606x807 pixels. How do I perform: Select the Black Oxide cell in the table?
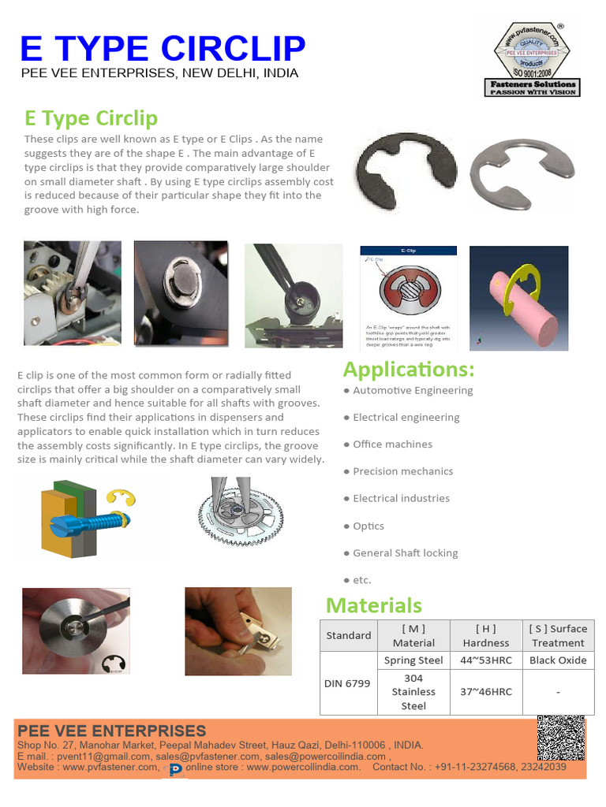(x=558, y=660)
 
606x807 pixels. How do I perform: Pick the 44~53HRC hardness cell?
(x=486, y=660)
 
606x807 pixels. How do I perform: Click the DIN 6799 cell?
(x=347, y=683)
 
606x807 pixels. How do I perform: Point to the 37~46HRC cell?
(x=486, y=691)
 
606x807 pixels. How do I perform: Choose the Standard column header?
(x=348, y=635)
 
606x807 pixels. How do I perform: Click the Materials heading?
(x=374, y=605)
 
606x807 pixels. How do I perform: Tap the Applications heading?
(x=409, y=370)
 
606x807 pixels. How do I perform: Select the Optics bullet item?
(x=368, y=526)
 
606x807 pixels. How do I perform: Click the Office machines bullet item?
(x=392, y=444)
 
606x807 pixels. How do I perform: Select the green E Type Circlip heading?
(x=91, y=118)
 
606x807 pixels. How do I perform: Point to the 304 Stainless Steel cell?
(x=413, y=691)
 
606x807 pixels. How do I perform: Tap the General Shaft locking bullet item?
(x=405, y=553)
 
